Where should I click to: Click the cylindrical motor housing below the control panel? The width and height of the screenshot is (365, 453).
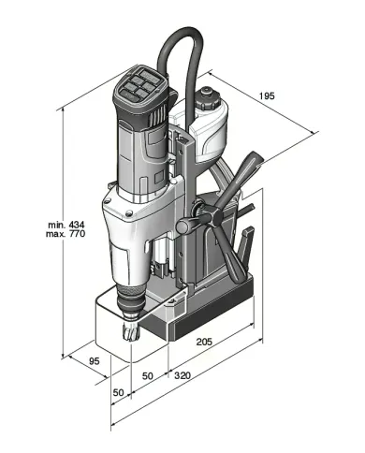tap(138, 150)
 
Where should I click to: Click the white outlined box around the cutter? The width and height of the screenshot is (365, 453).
tap(112, 323)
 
